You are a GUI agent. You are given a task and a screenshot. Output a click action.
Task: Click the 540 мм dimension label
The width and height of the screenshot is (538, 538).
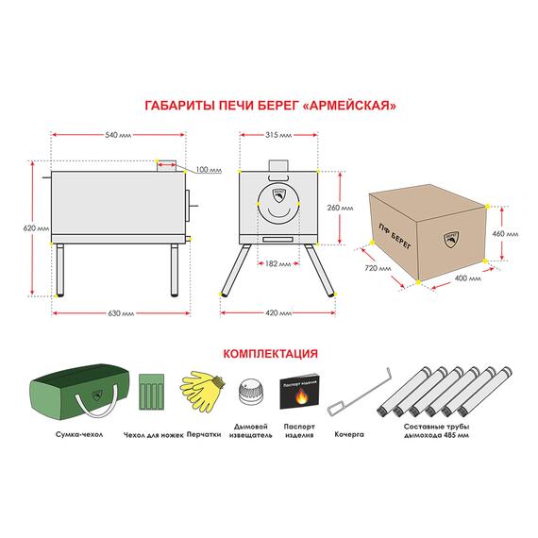coord(118,135)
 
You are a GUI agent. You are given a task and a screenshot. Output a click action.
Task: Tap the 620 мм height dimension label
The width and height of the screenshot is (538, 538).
coord(36,228)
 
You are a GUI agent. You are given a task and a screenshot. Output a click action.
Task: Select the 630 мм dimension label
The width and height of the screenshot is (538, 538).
coord(121,313)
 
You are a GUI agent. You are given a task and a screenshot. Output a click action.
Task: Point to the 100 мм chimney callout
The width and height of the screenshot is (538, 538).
coord(209,170)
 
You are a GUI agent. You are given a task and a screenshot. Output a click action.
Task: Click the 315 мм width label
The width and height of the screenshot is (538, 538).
coord(278,135)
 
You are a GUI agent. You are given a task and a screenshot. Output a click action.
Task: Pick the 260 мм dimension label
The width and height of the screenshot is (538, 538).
coord(340,208)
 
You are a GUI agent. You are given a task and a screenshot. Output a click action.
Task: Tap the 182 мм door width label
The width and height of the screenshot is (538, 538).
coord(277,264)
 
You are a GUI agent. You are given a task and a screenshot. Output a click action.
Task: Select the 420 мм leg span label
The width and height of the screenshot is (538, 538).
coord(278,313)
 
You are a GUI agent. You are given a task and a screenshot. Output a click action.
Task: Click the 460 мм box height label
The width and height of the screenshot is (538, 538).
coord(505,234)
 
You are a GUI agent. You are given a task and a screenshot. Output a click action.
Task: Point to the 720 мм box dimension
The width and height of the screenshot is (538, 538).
coord(378,268)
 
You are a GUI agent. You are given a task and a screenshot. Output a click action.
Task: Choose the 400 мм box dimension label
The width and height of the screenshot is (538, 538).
coord(467,278)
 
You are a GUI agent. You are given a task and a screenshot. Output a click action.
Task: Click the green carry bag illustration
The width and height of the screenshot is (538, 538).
coord(79,392)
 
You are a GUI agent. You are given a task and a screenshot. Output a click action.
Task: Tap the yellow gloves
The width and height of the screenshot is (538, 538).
coord(202,391)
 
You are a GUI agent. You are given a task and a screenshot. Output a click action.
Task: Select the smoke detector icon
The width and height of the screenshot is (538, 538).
coord(251,393)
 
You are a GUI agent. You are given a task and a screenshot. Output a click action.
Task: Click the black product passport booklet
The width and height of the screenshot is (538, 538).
coord(299,391)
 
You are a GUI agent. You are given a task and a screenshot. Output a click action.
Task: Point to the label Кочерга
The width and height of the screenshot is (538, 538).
coord(349,434)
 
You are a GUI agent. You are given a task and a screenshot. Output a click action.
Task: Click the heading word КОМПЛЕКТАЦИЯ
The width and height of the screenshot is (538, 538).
coord(270,353)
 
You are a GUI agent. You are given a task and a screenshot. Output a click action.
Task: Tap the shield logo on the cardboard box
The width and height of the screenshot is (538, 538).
coord(451,240)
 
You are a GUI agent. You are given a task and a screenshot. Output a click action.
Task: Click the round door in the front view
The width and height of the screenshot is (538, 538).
coord(278,204)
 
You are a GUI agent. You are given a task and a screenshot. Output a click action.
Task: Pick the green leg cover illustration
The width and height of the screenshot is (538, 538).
coord(151,392)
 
